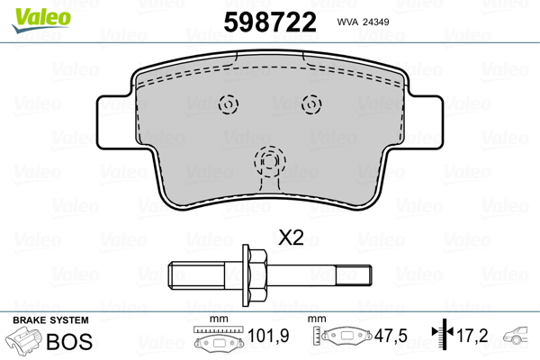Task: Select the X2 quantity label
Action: tap(291, 238)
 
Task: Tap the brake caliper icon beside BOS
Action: tap(25, 343)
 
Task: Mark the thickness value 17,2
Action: tap(472, 337)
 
